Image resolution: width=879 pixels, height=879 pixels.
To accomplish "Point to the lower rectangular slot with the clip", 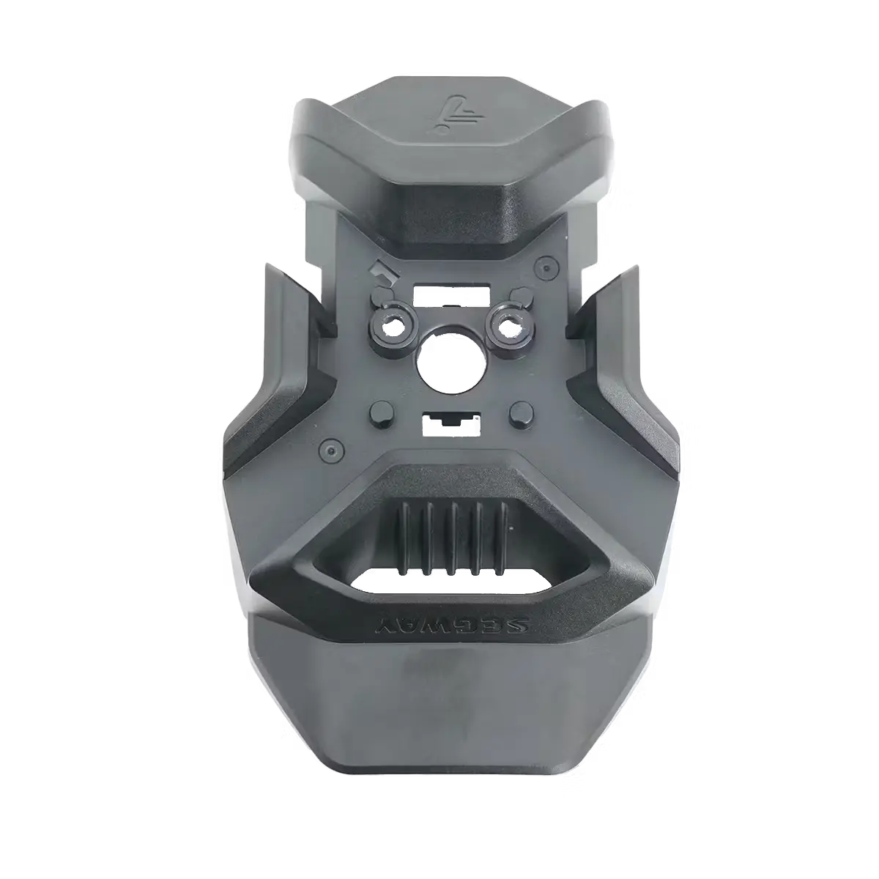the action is (450, 425).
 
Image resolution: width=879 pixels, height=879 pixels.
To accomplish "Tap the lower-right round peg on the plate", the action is (522, 413).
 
